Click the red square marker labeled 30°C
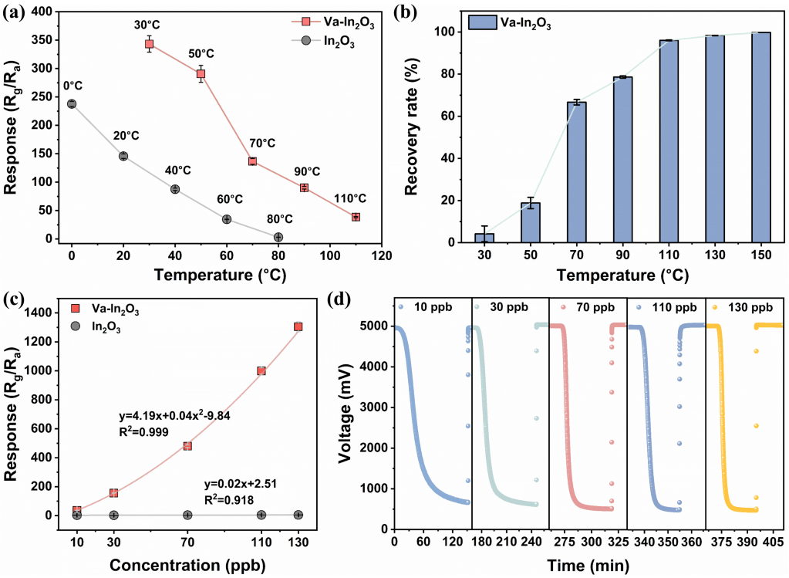pyautogui.click(x=149, y=44)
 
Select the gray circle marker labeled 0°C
pyautogui.click(x=72, y=103)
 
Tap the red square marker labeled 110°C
pyautogui.click(x=356, y=217)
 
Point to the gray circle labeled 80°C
pyautogui.click(x=278, y=237)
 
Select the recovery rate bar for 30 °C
pyautogui.click(x=484, y=238)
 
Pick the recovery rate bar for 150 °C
pyautogui.click(x=761, y=137)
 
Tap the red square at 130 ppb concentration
pyautogui.click(x=298, y=326)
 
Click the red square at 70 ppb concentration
pyautogui.click(x=187, y=446)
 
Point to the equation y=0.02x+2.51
pyautogui.click(x=241, y=485)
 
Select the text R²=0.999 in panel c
pyautogui.click(x=144, y=431)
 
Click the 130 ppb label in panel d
pyautogui.click(x=750, y=308)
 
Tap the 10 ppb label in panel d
pyautogui.click(x=433, y=306)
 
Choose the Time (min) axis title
pyautogui.click(x=588, y=566)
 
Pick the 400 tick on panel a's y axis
pyautogui.click(x=42, y=12)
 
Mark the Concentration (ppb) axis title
pyautogui.click(x=187, y=565)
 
